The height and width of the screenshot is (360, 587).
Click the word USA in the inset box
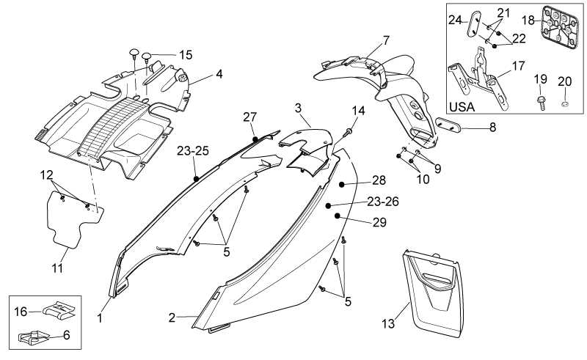coord(462,107)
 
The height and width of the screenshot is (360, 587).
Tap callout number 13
coord(388,323)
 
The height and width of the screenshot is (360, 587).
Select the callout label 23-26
coord(382,202)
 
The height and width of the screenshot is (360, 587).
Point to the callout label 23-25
coord(193,151)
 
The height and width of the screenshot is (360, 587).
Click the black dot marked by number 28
coord(342,184)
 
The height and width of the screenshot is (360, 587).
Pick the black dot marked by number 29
coord(338,216)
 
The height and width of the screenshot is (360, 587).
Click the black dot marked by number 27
coord(255,139)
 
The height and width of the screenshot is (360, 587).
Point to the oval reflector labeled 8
coord(448,125)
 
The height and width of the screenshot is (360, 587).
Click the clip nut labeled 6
coord(34,337)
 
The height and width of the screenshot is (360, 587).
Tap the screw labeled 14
coord(348,131)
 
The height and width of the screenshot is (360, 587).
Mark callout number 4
coord(219,74)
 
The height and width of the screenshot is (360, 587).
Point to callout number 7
coord(386,40)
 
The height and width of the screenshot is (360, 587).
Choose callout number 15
coord(186,55)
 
